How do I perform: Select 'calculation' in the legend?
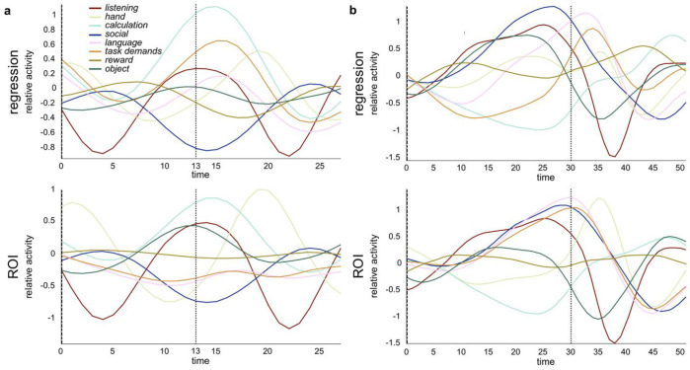(119, 28)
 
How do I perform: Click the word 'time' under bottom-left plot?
(200, 360)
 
